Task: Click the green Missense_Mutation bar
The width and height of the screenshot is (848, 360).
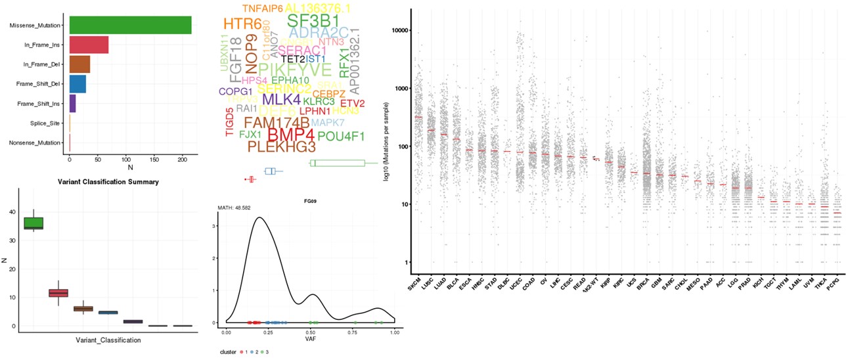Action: coord(130,26)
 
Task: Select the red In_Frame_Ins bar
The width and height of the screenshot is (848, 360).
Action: coord(89,45)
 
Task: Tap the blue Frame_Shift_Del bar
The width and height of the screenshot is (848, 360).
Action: coord(78,84)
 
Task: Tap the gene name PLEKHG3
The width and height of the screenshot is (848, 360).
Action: coord(291,147)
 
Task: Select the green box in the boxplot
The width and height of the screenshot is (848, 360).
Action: coord(33,223)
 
